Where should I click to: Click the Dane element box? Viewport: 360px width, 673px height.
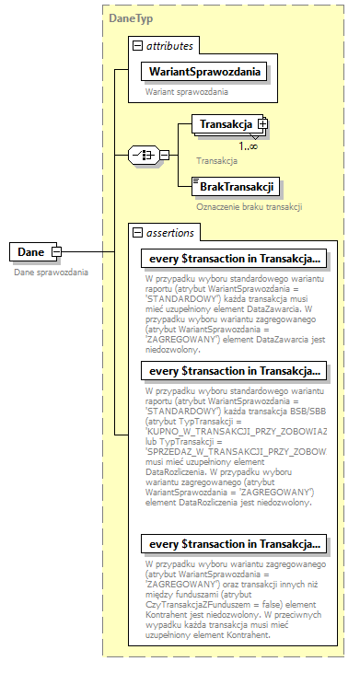pyautogui.click(x=29, y=251)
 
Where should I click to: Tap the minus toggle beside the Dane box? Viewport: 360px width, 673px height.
pyautogui.click(x=57, y=251)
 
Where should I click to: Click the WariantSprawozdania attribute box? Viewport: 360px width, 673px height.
pyautogui.click(x=203, y=71)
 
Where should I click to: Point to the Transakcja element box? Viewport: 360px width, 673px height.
pyautogui.click(x=221, y=124)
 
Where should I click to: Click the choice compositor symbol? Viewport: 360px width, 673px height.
pyautogui.click(x=147, y=155)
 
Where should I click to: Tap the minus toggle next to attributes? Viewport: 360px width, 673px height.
pyautogui.click(x=137, y=45)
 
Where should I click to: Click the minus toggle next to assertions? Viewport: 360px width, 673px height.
pyautogui.click(x=137, y=231)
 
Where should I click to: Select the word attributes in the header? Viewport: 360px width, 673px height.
pyautogui.click(x=174, y=45)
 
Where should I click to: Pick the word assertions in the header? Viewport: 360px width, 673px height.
pyautogui.click(x=173, y=231)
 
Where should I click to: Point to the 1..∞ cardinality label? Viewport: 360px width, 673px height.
pyautogui.click(x=248, y=145)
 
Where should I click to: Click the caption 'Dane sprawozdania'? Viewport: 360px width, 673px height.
pyautogui.click(x=52, y=273)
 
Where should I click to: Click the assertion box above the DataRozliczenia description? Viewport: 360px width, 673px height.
pyautogui.click(x=233, y=371)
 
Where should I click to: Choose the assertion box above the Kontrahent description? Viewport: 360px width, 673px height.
pyautogui.click(x=233, y=543)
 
